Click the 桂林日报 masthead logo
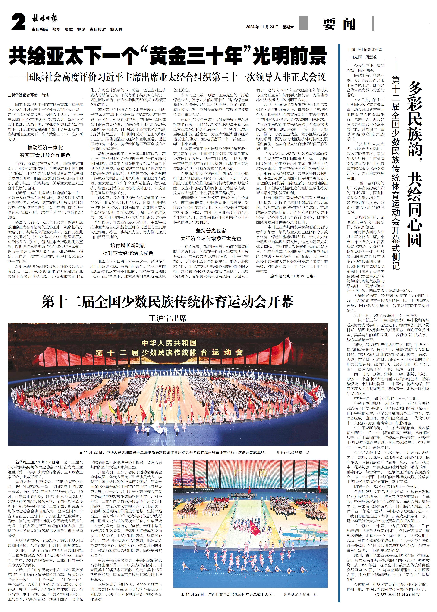point(45,19)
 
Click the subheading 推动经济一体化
point(45,147)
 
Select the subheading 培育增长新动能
point(128,245)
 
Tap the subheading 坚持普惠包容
point(211,231)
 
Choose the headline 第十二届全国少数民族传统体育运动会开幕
point(167,302)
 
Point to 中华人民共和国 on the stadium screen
point(169,343)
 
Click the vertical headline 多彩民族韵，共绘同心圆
point(414,164)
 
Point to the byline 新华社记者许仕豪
point(365,50)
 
